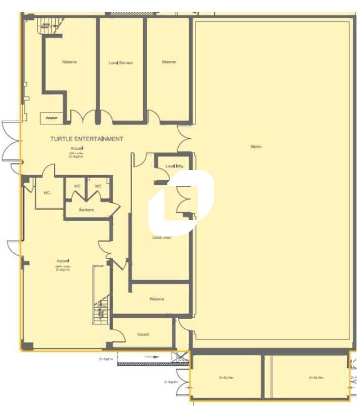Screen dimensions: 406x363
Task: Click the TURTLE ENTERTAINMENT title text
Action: tap(86, 139)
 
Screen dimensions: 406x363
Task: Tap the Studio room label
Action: tap(255, 147)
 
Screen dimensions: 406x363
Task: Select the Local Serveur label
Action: tap(121, 63)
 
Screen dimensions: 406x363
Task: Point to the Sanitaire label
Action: tap(86, 210)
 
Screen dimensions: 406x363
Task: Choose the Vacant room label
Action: tap(143, 334)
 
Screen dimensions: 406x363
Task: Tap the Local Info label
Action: tap(174, 166)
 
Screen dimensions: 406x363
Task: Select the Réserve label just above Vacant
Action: tap(157, 299)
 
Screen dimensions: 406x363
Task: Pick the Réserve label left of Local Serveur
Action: tap(69, 62)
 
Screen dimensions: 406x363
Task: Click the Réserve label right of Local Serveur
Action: tap(169, 62)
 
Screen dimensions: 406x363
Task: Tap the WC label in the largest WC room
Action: tap(47, 192)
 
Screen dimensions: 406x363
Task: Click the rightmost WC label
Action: tap(98, 186)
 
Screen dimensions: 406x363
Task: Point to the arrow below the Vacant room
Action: tap(151, 357)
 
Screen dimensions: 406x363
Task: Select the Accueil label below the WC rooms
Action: tap(63, 261)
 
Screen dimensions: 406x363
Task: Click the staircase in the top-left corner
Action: tap(47, 23)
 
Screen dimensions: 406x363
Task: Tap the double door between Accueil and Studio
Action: tap(184, 139)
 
